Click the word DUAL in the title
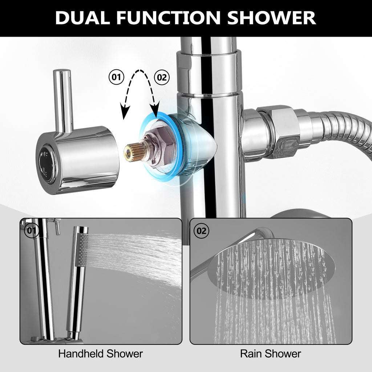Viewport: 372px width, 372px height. click(x=82, y=18)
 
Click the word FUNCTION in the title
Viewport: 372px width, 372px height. click(x=169, y=18)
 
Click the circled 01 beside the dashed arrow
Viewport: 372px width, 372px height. click(x=116, y=77)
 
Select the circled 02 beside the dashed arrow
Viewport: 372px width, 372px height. click(x=162, y=77)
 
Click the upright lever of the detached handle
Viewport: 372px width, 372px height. click(x=62, y=101)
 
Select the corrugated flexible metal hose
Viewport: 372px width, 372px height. click(x=344, y=133)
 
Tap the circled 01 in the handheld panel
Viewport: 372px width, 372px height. click(x=32, y=230)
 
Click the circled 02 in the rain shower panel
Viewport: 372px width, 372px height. click(x=201, y=231)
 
